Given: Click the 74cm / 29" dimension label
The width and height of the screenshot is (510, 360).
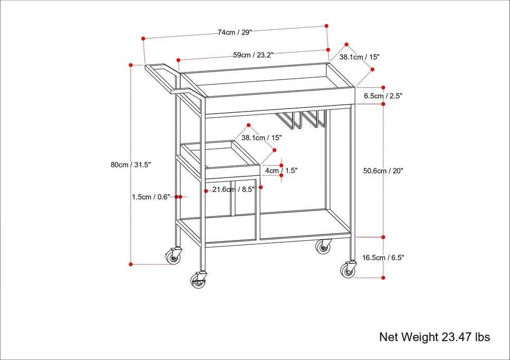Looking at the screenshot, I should click(x=234, y=32).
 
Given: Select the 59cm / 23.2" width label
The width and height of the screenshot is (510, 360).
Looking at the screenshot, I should click(x=253, y=55).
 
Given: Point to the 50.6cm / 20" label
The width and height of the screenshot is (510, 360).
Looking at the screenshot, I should click(x=383, y=171).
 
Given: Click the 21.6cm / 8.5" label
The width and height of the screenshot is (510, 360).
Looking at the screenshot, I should click(x=233, y=189).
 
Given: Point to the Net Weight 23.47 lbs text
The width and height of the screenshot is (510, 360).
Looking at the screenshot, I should click(x=434, y=337).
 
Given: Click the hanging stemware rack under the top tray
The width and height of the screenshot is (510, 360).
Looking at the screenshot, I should click(x=301, y=119).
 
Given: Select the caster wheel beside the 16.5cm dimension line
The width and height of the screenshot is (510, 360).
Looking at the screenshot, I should click(x=348, y=269).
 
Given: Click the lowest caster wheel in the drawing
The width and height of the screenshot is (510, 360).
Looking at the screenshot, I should click(x=198, y=279).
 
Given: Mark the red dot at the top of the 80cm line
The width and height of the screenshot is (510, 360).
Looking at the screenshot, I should click(x=131, y=65).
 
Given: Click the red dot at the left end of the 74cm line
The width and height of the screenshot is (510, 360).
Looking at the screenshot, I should click(x=143, y=38).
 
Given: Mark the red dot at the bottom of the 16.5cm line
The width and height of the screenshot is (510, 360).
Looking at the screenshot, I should click(x=383, y=277).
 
